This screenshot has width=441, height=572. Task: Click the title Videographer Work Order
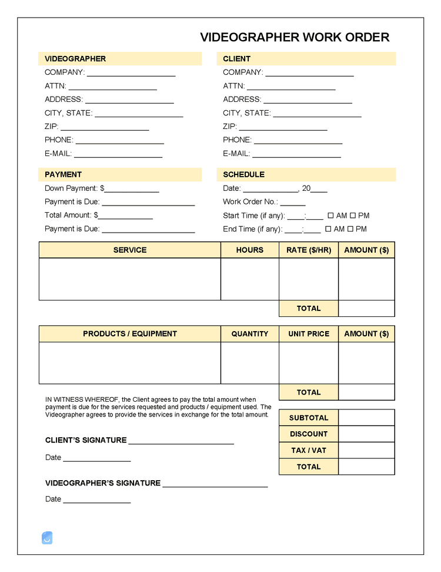coord(295,37)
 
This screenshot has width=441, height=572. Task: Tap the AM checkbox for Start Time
coord(330,216)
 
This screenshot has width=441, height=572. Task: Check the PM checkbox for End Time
coord(350,229)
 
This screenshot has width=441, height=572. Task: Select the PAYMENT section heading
coord(63,174)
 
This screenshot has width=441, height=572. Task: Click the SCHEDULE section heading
coord(243,174)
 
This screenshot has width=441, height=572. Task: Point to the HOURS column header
coord(249,250)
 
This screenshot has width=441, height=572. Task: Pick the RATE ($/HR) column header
coord(309,250)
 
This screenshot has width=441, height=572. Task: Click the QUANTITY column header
coord(249,333)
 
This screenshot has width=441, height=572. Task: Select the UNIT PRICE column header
coord(309,333)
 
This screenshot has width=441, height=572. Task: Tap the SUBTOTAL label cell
coord(309,418)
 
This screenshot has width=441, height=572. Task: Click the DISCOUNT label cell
coord(309,434)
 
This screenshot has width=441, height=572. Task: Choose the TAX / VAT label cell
coord(309,451)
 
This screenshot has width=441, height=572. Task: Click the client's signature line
coord(181,441)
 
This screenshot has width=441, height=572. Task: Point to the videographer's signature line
coord(215,484)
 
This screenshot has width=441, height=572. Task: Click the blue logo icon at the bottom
coord(47,537)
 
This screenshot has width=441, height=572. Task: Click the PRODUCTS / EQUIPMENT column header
coord(130,333)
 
